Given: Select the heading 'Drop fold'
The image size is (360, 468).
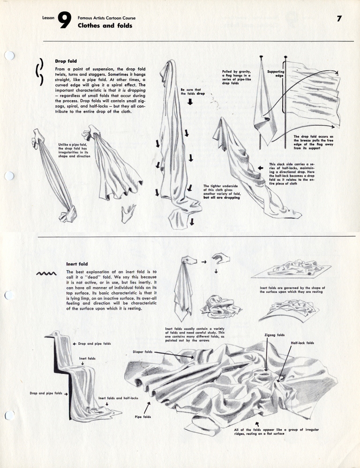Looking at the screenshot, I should click(66, 61).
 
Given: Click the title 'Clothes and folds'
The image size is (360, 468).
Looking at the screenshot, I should click(105, 26).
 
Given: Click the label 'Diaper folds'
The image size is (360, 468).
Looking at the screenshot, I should click(142, 351).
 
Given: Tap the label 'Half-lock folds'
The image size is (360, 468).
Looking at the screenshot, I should click(302, 343).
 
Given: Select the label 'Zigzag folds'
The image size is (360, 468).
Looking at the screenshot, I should click(274, 335).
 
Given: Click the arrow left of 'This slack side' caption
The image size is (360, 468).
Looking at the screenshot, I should click(261, 167).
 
